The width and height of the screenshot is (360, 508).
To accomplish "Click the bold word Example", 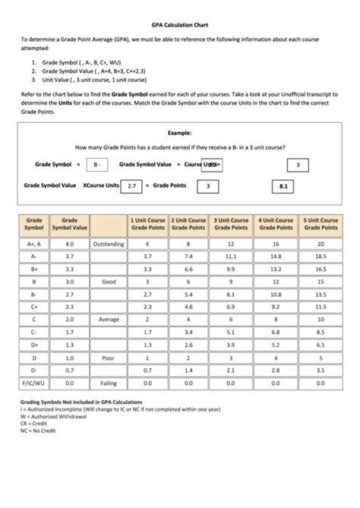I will pos(180,131).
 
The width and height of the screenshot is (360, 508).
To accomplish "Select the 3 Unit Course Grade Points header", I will pos(231,224).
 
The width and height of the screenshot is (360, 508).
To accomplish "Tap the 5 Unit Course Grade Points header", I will pos(321,224).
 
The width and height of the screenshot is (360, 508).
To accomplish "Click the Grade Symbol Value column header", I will pos(69,224).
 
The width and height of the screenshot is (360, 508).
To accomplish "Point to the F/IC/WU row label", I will pos(34,383).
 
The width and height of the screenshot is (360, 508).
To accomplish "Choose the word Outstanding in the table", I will pos(109,245).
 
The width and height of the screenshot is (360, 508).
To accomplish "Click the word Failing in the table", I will pos(109,383).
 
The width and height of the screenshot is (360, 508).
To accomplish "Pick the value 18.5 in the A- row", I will pos(321,257).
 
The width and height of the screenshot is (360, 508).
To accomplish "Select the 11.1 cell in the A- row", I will pos(231,257).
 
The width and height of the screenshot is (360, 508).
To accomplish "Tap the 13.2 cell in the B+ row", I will pos(276,270).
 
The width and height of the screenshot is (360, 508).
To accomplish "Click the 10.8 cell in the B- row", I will pos(276,295).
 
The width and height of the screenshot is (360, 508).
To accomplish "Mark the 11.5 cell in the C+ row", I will pos(321,308).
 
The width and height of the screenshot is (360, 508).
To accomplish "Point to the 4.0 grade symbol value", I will pos(69,245).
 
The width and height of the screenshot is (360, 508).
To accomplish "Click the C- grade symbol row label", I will pos(34,333).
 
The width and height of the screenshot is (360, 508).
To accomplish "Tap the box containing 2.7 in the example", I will pos(132,185).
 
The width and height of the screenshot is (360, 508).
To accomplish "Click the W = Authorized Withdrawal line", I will pos(58,416).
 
